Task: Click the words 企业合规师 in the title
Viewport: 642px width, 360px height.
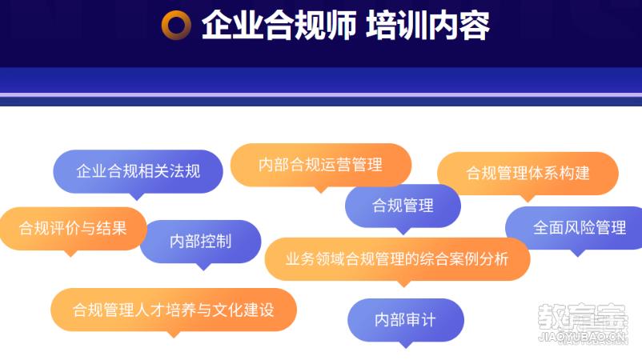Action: [x=279, y=25]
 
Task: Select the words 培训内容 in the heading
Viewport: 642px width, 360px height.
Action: [x=427, y=25]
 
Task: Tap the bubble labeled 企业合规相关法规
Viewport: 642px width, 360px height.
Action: [x=138, y=171]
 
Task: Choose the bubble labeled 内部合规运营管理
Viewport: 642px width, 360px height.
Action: [x=321, y=165]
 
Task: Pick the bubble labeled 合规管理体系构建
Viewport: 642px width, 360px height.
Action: [x=528, y=173]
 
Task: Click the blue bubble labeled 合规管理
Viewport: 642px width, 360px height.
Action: [x=403, y=206]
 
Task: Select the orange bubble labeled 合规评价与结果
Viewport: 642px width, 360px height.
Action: [x=73, y=228]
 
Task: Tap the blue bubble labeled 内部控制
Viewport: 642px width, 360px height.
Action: [x=201, y=242]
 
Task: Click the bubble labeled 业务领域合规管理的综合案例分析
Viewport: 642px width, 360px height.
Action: [x=397, y=259]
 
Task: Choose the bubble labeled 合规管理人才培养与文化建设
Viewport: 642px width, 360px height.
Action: [x=174, y=310]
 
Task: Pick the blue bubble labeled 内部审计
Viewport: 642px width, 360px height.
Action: [x=405, y=320]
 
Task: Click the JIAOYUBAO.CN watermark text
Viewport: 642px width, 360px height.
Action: [x=583, y=337]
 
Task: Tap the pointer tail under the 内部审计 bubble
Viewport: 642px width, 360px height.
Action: [x=406, y=345]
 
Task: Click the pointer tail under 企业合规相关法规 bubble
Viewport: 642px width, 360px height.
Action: [x=137, y=196]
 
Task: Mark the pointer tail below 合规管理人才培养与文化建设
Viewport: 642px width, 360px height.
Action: [x=174, y=334]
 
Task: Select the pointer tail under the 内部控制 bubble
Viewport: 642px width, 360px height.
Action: [x=203, y=266]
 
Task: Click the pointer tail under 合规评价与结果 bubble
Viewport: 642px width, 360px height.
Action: [x=70, y=254]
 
